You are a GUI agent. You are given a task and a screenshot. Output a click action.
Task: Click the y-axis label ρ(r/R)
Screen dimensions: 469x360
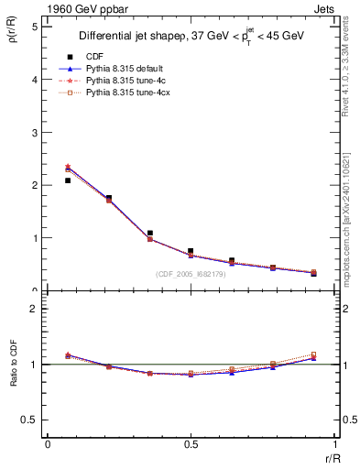point(14,37)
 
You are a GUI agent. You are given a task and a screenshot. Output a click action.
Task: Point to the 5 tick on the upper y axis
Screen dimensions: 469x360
point(34,27)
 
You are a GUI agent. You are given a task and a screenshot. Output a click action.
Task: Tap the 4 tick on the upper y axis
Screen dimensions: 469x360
point(34,80)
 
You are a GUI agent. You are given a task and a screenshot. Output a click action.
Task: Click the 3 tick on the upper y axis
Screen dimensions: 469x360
point(34,133)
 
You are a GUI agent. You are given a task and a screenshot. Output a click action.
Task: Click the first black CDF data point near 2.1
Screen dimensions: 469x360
point(68,180)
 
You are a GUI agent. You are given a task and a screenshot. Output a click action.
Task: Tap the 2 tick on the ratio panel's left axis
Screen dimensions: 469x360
point(34,310)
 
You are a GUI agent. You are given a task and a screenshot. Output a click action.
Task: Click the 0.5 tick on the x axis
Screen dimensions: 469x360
point(191,444)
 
